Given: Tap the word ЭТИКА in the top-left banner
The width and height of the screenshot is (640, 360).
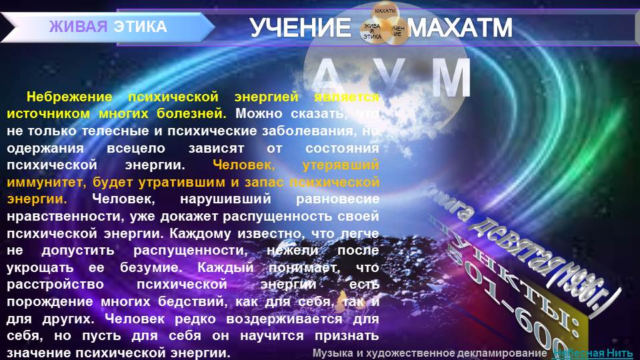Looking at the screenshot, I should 140,27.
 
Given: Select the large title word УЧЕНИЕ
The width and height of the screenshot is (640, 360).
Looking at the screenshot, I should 299,28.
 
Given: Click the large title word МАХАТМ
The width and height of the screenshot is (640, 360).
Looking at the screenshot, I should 460,28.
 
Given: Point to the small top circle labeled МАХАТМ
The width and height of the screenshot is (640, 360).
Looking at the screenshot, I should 385,11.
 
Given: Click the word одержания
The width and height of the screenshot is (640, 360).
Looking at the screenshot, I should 45,147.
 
